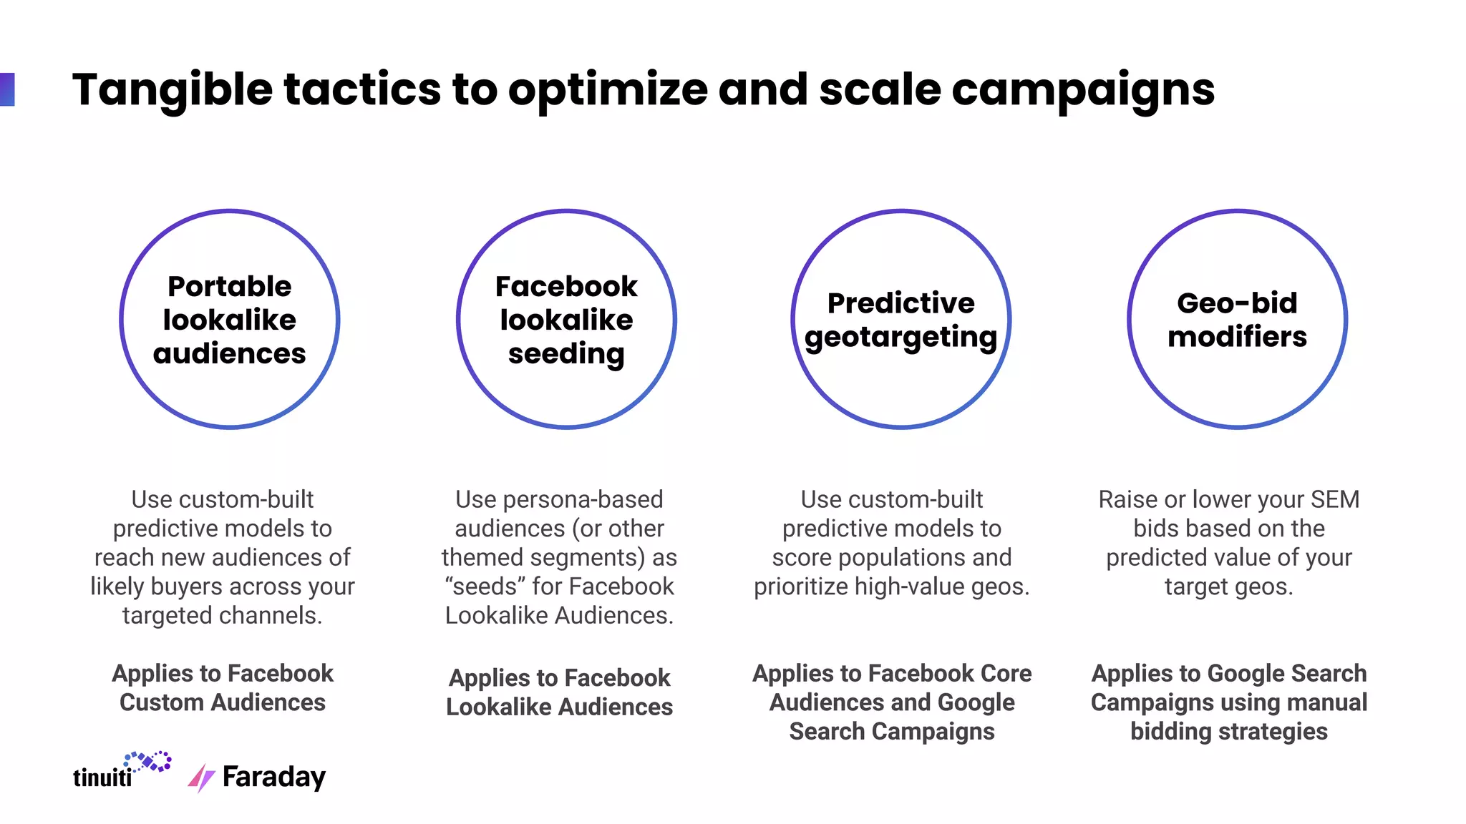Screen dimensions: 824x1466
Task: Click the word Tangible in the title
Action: (x=172, y=90)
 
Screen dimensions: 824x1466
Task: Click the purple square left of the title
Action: (x=7, y=89)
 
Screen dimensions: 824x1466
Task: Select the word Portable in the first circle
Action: (x=229, y=286)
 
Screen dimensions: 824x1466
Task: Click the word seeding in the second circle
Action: (x=566, y=353)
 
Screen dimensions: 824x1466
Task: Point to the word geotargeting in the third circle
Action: (x=901, y=337)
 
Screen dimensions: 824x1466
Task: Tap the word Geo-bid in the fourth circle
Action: (x=1237, y=303)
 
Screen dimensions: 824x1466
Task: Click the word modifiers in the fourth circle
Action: (x=1237, y=336)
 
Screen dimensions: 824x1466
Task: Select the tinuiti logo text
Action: (x=102, y=778)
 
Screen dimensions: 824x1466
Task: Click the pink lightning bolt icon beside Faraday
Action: (x=201, y=778)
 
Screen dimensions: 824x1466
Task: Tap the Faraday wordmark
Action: (x=274, y=777)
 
